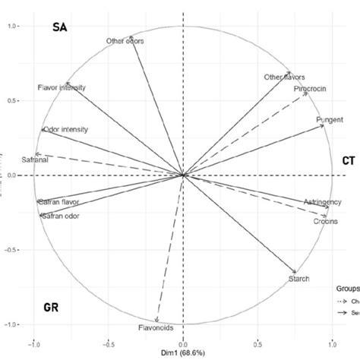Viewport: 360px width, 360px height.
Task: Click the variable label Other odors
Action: (126, 41)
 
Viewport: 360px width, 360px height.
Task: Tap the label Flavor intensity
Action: (61, 87)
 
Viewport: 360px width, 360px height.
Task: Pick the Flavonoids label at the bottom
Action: (156, 328)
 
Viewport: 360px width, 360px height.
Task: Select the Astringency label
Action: (317, 203)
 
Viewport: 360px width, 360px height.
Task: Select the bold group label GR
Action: (52, 308)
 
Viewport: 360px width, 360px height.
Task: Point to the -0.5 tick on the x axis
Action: (108, 341)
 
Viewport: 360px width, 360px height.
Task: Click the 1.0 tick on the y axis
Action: (13, 26)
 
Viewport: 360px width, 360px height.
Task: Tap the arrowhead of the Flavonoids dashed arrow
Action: (156, 321)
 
